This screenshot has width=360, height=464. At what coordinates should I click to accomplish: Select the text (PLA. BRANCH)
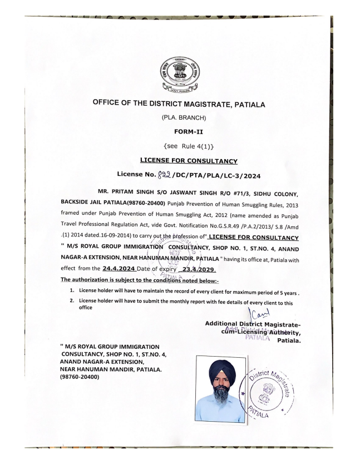coord(180,119)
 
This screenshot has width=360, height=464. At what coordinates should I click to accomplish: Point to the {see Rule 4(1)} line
coord(180,147)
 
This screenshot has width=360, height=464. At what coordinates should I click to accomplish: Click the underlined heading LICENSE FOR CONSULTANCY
coord(180,161)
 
